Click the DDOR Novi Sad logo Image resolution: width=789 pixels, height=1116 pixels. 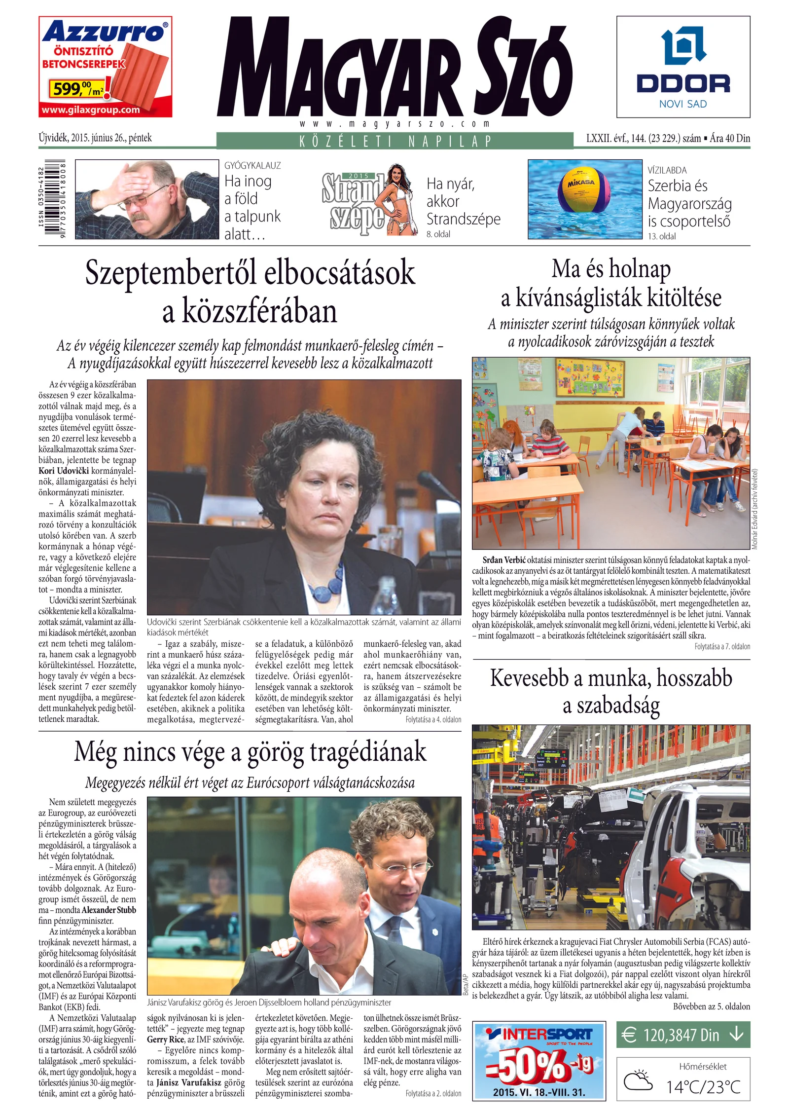[683, 67]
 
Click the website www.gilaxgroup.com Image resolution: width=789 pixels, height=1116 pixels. [91, 110]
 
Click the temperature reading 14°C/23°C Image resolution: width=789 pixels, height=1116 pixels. [703, 1086]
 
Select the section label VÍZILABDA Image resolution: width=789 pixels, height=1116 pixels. [667, 170]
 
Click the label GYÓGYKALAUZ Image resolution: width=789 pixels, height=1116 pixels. [252, 166]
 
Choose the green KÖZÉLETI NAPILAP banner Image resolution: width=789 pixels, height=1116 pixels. [394, 141]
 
